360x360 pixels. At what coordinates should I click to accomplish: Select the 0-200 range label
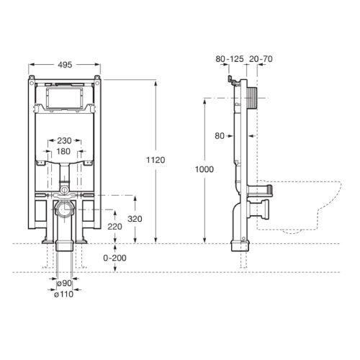[115, 257]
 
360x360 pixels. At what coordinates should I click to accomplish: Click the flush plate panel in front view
[66, 97]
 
